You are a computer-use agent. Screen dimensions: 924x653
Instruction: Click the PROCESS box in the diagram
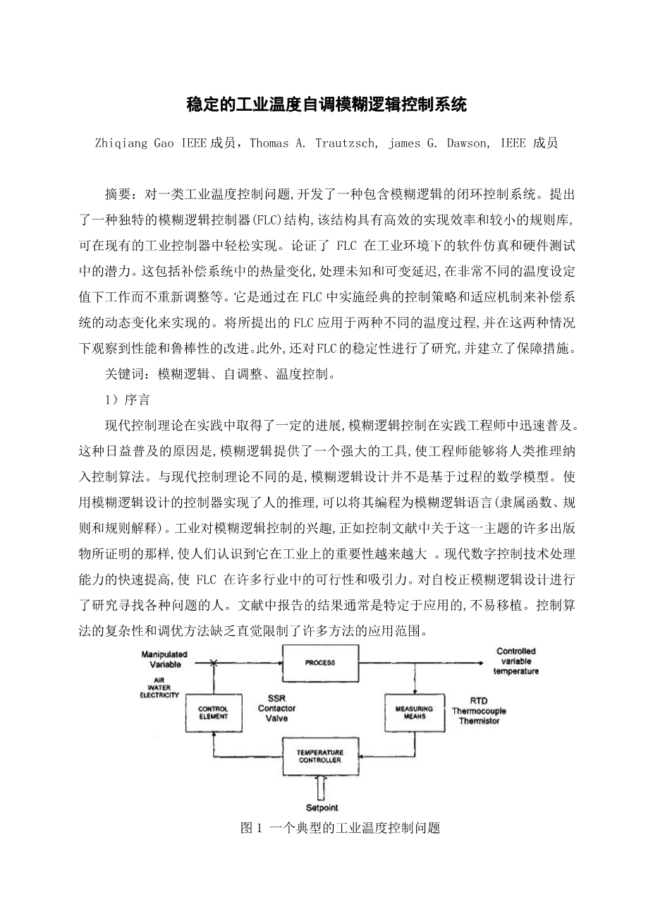(x=319, y=663)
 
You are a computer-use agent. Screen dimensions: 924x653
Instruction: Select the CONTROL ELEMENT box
(x=213, y=712)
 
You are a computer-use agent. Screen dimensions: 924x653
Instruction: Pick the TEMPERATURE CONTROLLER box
(x=319, y=756)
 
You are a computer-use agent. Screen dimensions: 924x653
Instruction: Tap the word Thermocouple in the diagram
(x=480, y=711)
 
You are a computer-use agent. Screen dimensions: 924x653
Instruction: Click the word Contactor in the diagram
(x=277, y=708)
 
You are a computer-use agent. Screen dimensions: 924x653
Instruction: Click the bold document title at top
(x=326, y=106)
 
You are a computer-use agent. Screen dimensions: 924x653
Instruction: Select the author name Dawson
(x=465, y=143)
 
